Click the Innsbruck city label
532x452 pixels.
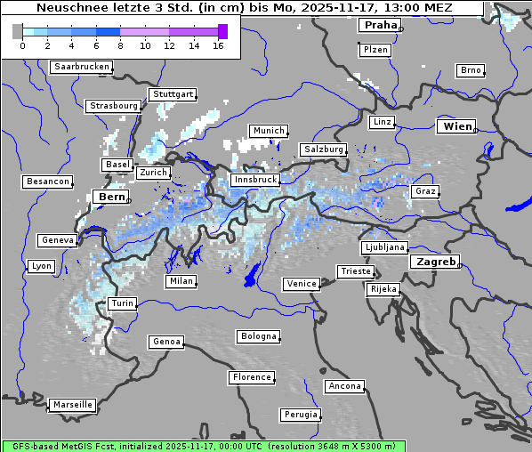(x=254, y=180)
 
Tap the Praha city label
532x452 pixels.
(x=380, y=25)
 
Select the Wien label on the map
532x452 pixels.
(x=457, y=126)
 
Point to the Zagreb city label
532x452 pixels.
(x=435, y=262)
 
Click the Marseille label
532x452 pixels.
(x=72, y=404)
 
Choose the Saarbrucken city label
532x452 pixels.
(x=82, y=67)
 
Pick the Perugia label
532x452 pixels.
(x=301, y=415)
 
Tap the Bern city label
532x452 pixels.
(x=111, y=196)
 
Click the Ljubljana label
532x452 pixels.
(x=384, y=247)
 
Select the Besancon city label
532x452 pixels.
(x=47, y=182)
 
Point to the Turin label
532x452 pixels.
(x=122, y=303)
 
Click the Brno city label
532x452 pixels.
(x=470, y=70)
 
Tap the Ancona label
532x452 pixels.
(x=344, y=386)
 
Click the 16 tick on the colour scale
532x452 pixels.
(x=218, y=44)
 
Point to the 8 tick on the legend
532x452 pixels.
(x=120, y=44)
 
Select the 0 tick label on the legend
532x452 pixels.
(x=21, y=44)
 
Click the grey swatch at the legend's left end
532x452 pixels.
(x=18, y=31)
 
